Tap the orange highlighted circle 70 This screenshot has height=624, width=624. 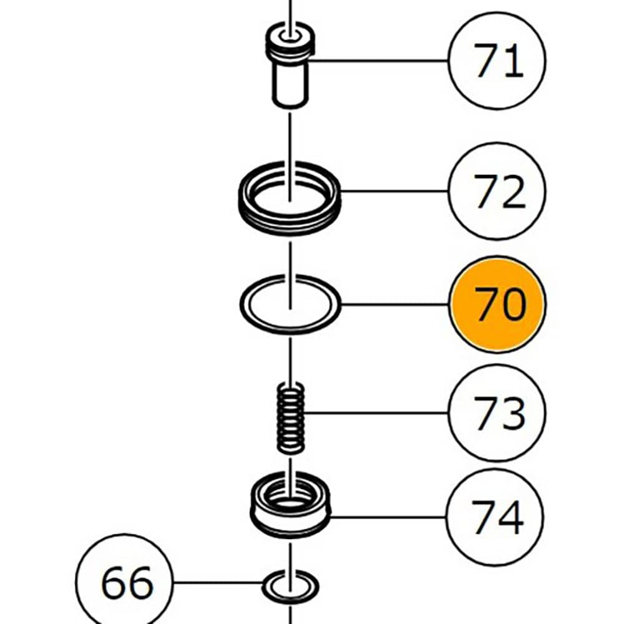497,304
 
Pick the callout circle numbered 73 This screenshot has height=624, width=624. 497,412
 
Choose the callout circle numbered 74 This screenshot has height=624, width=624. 495,517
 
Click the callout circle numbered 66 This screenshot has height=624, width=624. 125,583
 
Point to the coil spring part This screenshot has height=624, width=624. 291,417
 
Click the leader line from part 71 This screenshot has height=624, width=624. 381,61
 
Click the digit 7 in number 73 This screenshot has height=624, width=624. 484,412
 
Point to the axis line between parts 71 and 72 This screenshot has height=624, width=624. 290,137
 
